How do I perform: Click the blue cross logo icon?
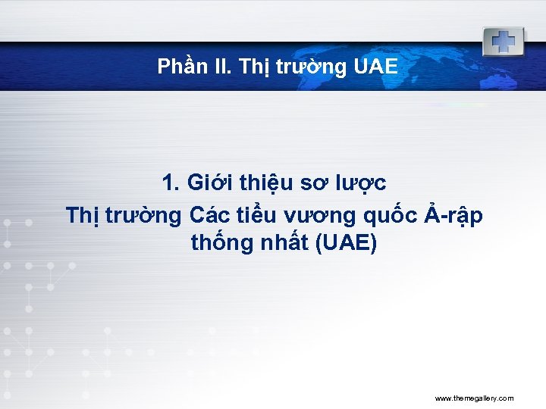pos(502,41)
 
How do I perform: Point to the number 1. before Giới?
pos(171,183)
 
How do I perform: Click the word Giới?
pos(209,183)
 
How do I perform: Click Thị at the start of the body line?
pos(80,216)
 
